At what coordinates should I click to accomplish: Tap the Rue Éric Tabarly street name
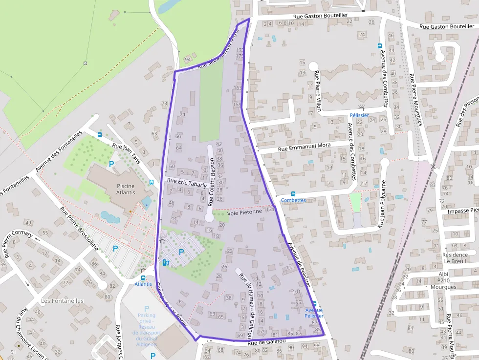186,182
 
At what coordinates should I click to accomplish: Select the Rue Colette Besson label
212,182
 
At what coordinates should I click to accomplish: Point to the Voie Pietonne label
244,212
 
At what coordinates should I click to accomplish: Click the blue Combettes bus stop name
293,200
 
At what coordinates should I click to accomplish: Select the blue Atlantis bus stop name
143,284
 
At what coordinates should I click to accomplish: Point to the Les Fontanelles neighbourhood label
62,301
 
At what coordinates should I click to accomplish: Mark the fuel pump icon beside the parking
165,262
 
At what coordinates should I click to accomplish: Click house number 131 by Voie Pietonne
271,209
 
